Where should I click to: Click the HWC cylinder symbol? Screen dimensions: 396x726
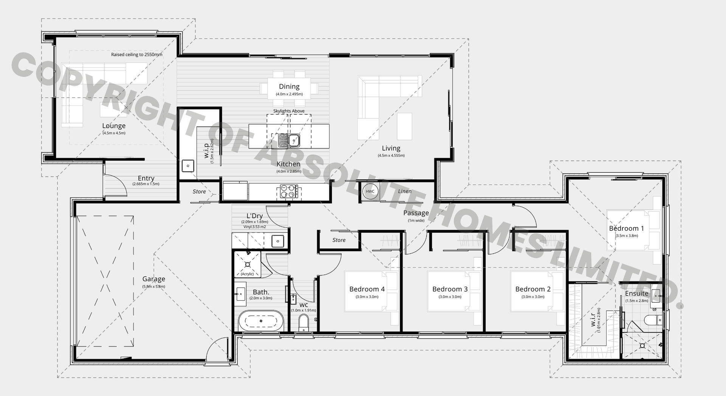370,191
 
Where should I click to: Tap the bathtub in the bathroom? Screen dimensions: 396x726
261,321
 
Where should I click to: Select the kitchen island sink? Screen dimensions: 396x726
289,140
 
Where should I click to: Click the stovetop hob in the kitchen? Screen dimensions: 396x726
289,191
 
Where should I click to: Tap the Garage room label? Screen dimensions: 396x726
154,279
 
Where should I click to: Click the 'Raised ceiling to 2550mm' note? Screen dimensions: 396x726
137,54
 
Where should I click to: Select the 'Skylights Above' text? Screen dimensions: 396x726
289,111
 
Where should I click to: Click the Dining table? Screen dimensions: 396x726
289,90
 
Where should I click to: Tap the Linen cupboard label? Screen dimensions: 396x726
405,191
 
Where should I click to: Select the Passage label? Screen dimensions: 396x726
416,213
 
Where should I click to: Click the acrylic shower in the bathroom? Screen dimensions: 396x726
248,264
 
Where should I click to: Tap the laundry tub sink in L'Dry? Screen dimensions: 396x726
278,241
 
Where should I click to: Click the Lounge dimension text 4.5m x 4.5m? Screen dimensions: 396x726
114,133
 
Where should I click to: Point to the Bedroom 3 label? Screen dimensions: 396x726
450,289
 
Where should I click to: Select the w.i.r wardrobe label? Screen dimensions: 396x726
593,320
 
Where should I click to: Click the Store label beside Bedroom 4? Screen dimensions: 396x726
339,240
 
